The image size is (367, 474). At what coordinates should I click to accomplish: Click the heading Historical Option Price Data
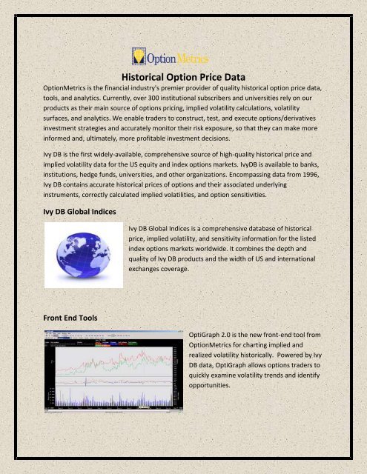(x=182, y=76)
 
